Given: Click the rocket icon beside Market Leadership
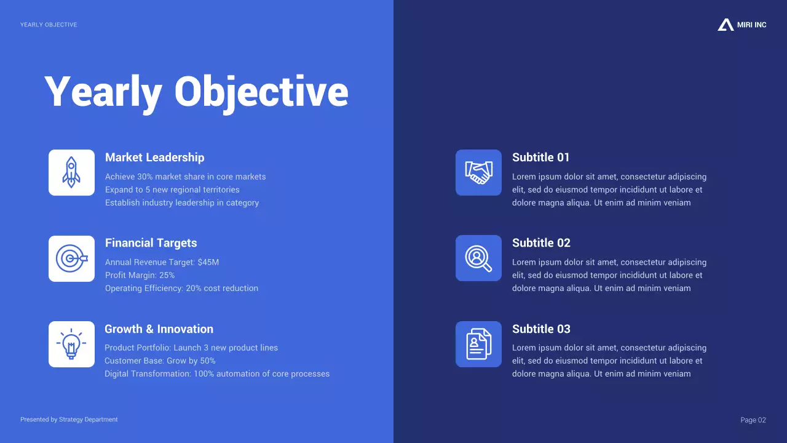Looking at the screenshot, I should click(71, 172).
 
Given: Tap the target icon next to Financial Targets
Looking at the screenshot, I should click(71, 258).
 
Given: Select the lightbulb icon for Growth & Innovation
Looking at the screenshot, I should click(71, 344).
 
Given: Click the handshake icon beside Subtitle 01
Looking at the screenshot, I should click(478, 172).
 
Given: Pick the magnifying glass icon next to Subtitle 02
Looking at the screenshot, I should click(478, 258).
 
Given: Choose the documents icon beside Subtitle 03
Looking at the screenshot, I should click(478, 344).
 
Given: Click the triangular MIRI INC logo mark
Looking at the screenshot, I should click(726, 25).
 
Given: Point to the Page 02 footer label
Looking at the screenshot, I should click(753, 420).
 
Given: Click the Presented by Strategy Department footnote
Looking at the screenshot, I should click(69, 420).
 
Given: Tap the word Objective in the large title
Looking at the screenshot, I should click(261, 92).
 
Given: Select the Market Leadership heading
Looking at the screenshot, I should click(154, 158).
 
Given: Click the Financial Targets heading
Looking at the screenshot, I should click(151, 243).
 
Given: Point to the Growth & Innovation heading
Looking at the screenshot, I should click(159, 329).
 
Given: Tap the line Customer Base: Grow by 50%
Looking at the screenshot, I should click(160, 361).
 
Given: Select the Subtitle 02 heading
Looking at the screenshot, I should click(541, 243).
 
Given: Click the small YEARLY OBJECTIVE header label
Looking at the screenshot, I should click(49, 25).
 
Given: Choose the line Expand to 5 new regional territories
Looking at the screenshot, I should click(172, 190).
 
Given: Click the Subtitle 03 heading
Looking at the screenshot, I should click(541, 329).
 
